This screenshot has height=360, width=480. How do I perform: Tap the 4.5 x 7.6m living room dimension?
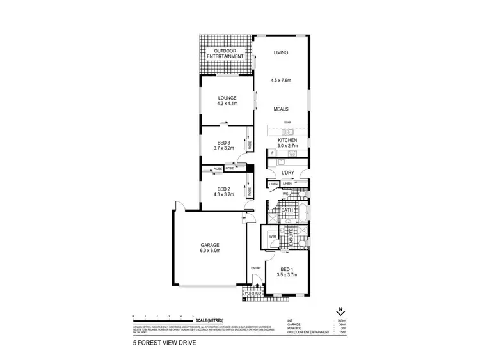282,81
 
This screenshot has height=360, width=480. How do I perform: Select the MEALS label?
282,109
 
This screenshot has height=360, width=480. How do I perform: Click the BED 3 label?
223,142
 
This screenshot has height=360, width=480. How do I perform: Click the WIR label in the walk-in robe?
271,235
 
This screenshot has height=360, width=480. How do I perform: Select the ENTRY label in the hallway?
255,267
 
